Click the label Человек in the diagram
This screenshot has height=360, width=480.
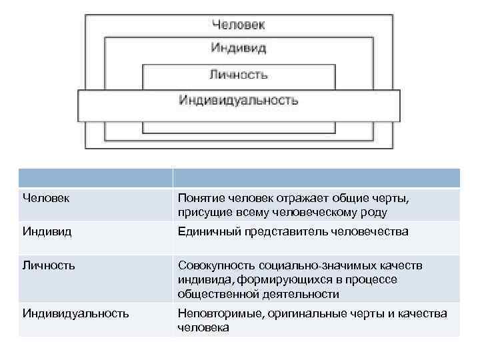click(238, 25)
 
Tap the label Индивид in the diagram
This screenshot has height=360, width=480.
click(238, 48)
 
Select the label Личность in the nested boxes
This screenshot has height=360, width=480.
click(238, 74)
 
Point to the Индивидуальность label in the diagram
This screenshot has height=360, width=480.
click(238, 101)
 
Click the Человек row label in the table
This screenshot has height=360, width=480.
click(47, 198)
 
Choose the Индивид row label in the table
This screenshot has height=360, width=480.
click(46, 231)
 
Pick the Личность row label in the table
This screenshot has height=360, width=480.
click(49, 265)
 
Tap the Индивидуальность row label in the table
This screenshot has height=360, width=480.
click(75, 313)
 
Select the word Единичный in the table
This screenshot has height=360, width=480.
click(205, 232)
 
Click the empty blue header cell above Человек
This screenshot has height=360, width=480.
click(95, 177)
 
